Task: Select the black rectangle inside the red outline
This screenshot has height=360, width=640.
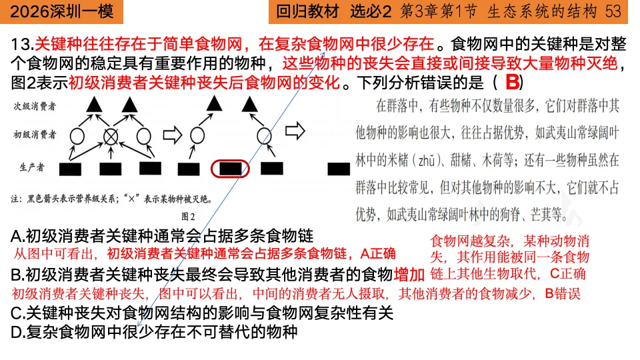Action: tap(230, 169)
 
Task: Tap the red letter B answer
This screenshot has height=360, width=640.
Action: tap(512, 83)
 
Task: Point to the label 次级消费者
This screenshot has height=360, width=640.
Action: tap(34, 106)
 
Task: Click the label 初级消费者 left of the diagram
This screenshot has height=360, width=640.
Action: tap(34, 135)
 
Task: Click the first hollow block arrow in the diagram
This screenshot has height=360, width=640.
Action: tap(173, 135)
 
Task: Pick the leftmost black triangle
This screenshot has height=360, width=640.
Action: tap(94, 103)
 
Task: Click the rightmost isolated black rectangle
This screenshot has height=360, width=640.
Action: tap(339, 168)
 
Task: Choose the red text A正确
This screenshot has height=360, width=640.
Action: tap(378, 254)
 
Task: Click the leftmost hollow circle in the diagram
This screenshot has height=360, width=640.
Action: tap(77, 135)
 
